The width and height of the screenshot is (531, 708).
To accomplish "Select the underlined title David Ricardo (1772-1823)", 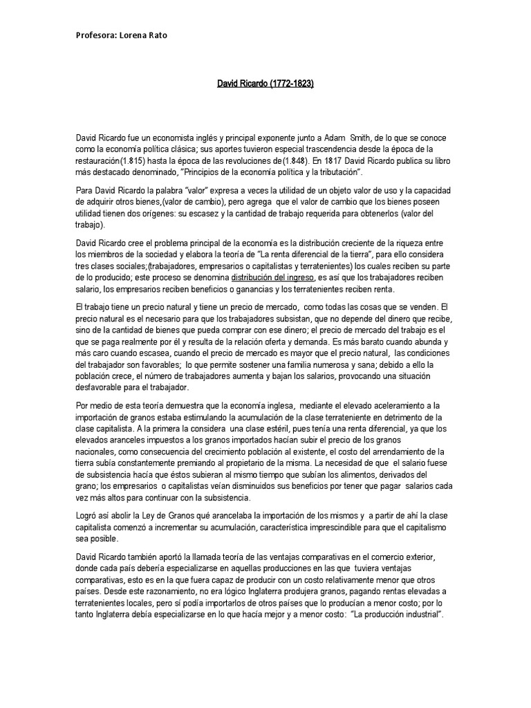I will point(265,84).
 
